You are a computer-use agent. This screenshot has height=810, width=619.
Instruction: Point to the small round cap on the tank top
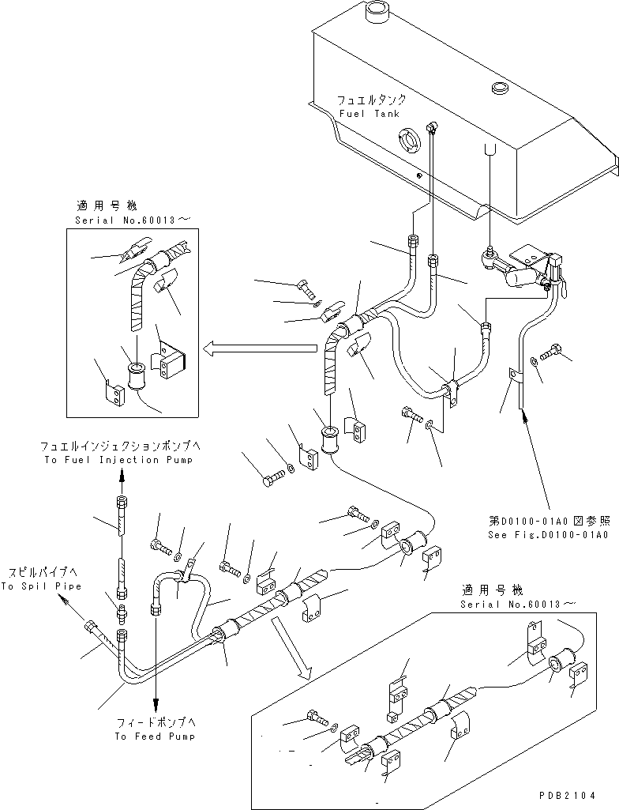[499, 87]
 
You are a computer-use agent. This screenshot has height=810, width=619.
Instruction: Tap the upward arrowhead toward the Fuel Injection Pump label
[122, 475]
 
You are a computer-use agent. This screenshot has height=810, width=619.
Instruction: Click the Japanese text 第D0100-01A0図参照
[550, 522]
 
